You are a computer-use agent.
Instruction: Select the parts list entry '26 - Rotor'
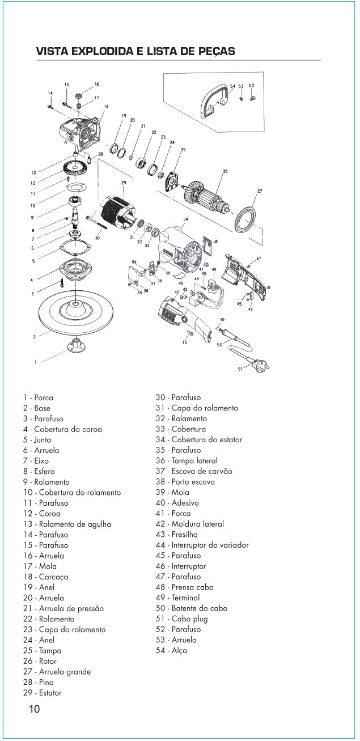point(40,661)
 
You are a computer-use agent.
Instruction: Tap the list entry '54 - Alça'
point(171,650)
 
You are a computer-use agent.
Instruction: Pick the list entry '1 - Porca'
point(39,397)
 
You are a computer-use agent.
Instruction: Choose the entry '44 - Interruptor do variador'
point(202,545)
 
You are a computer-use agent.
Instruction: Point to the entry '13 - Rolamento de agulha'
point(67,524)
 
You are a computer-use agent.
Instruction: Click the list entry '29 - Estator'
point(43,693)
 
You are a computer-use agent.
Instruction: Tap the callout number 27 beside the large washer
point(260,191)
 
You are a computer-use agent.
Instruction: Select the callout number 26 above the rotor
point(225,171)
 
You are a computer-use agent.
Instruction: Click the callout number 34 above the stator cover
point(185,218)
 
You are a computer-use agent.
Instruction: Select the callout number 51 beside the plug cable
point(240,369)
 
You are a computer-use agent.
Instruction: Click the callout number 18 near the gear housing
point(107,106)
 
